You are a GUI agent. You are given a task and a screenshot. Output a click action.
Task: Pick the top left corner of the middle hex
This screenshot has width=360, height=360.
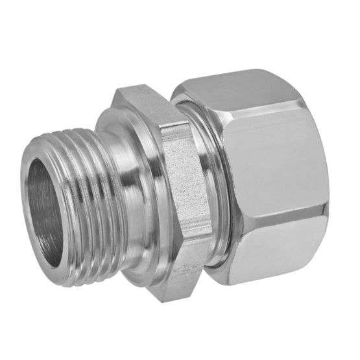(x=117, y=91)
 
